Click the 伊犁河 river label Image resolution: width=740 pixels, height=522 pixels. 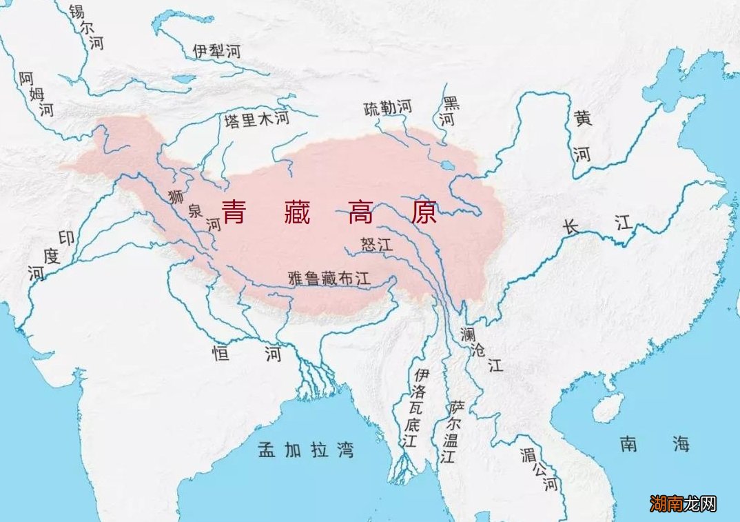pos(217,50)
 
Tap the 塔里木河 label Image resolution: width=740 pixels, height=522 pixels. pos(256,121)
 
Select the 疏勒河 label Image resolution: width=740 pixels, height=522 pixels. pos(387,108)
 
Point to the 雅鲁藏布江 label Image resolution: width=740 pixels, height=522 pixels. pos(329,278)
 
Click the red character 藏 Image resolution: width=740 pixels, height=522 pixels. pos(297,212)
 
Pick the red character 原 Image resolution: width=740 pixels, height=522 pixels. pos(424,212)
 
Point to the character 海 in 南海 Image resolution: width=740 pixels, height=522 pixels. pos(681,444)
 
